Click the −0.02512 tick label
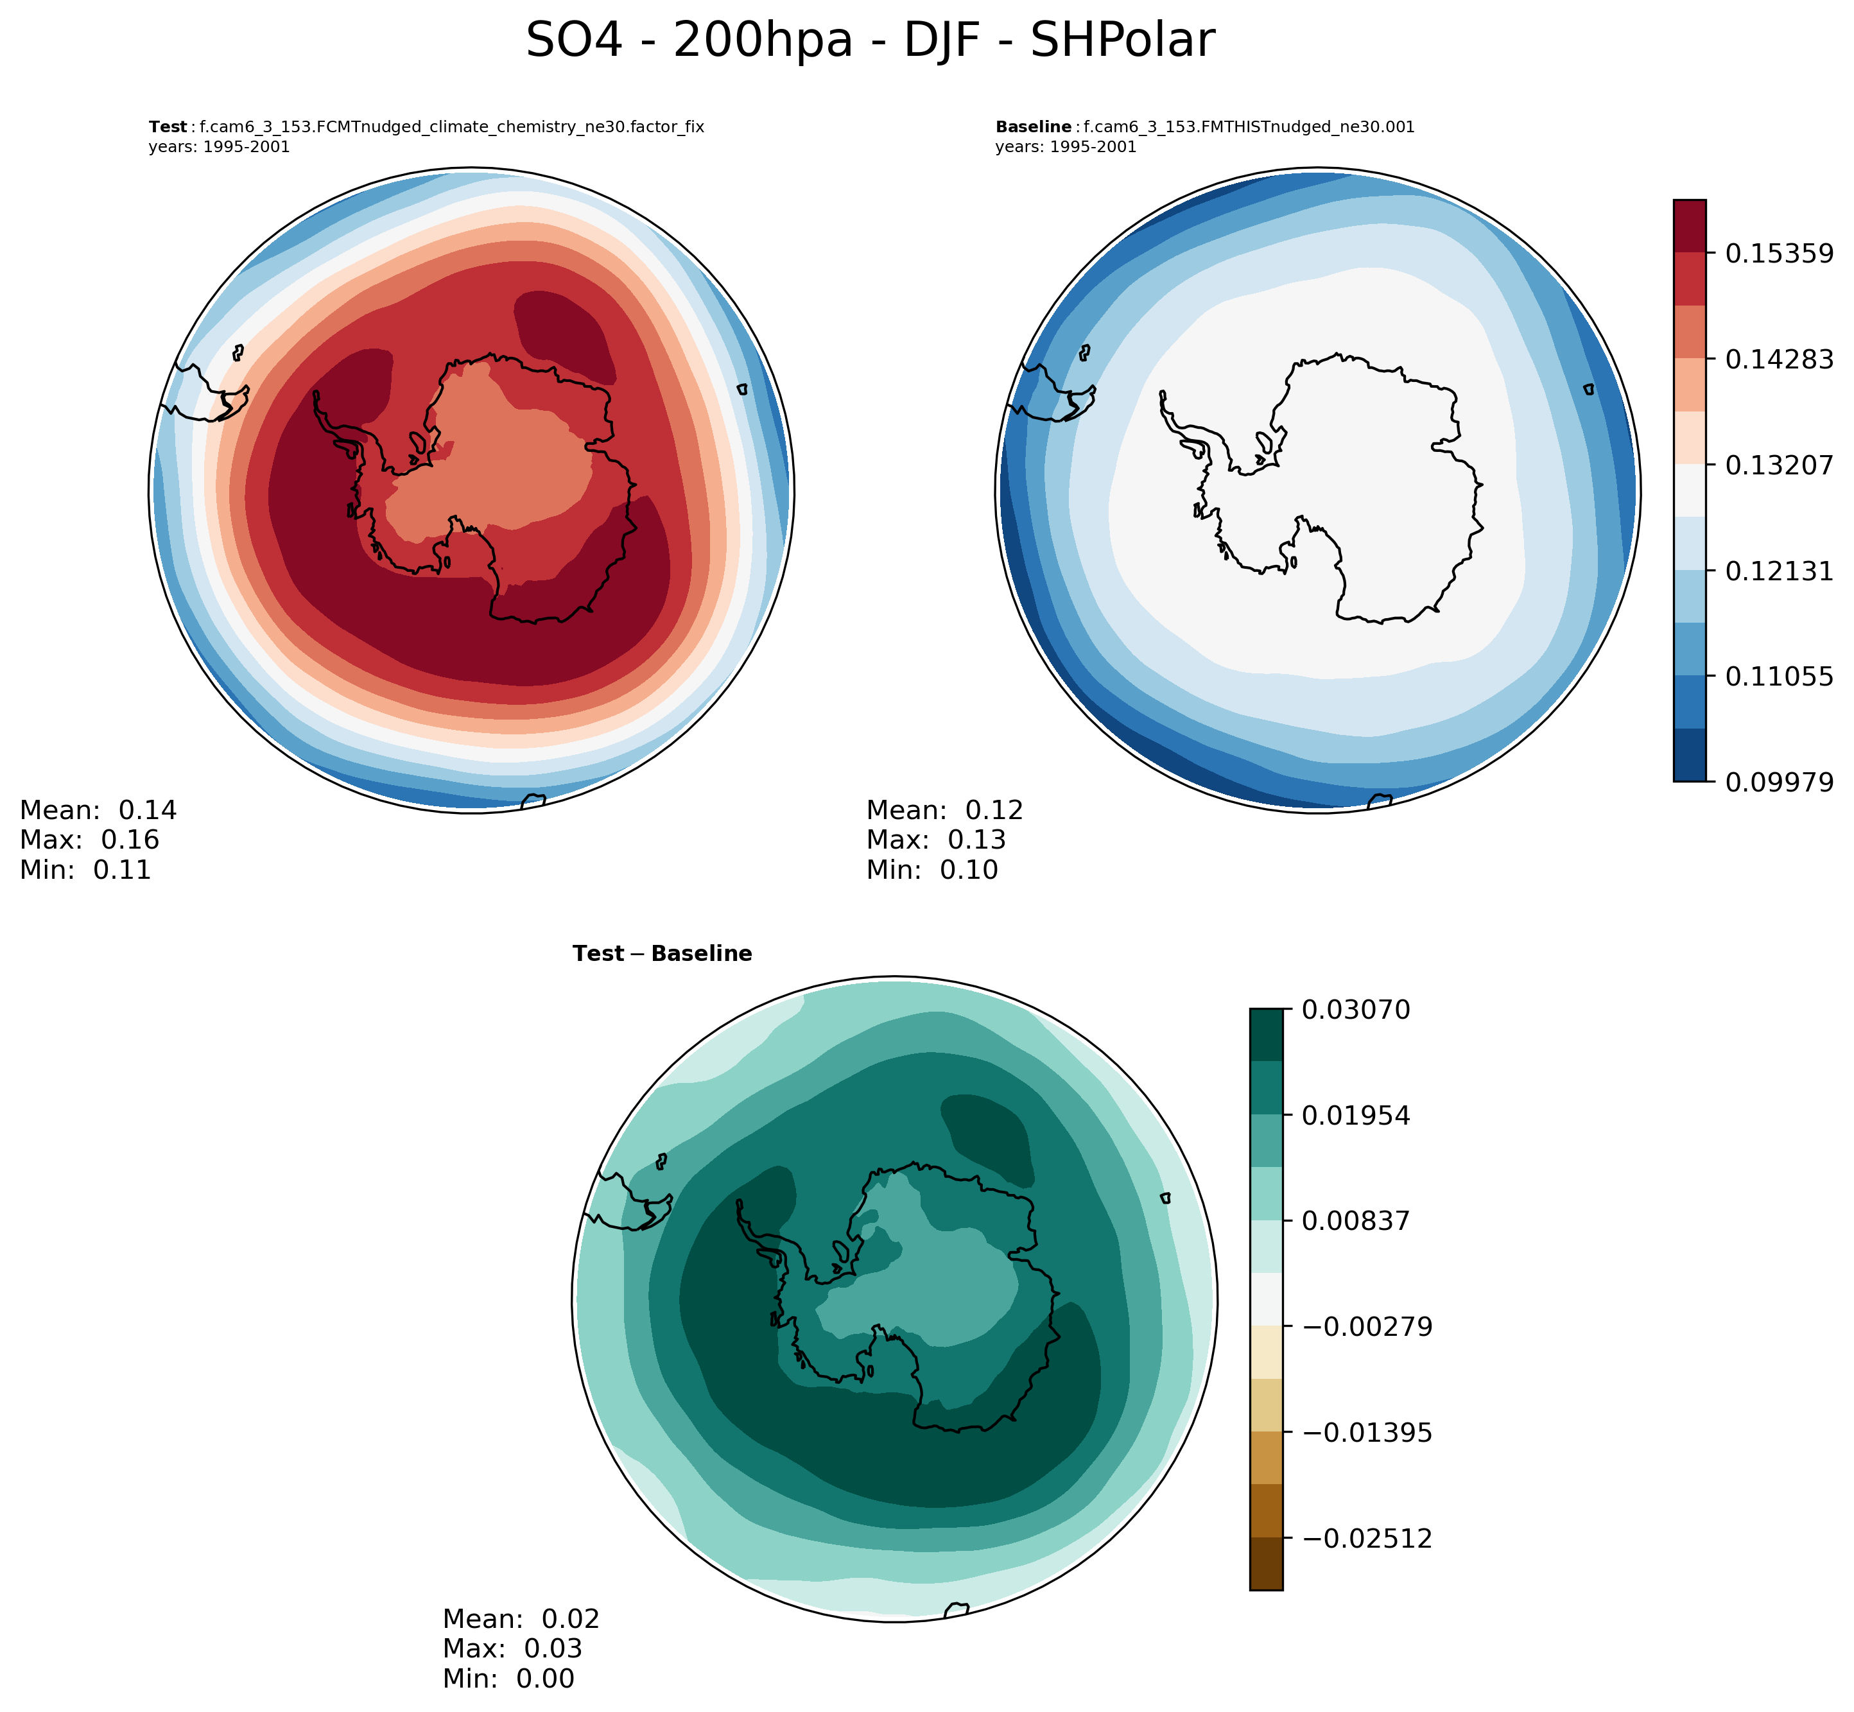click(x=1367, y=1539)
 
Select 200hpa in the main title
click(x=763, y=42)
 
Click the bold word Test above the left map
click(x=168, y=128)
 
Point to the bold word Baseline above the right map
click(x=1033, y=128)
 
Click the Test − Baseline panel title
click(x=663, y=954)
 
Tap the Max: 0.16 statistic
click(x=89, y=840)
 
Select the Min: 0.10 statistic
click(x=932, y=870)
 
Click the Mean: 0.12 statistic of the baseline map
click(x=944, y=811)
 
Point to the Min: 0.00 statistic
click(x=508, y=1678)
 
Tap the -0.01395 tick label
click(x=1367, y=1433)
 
